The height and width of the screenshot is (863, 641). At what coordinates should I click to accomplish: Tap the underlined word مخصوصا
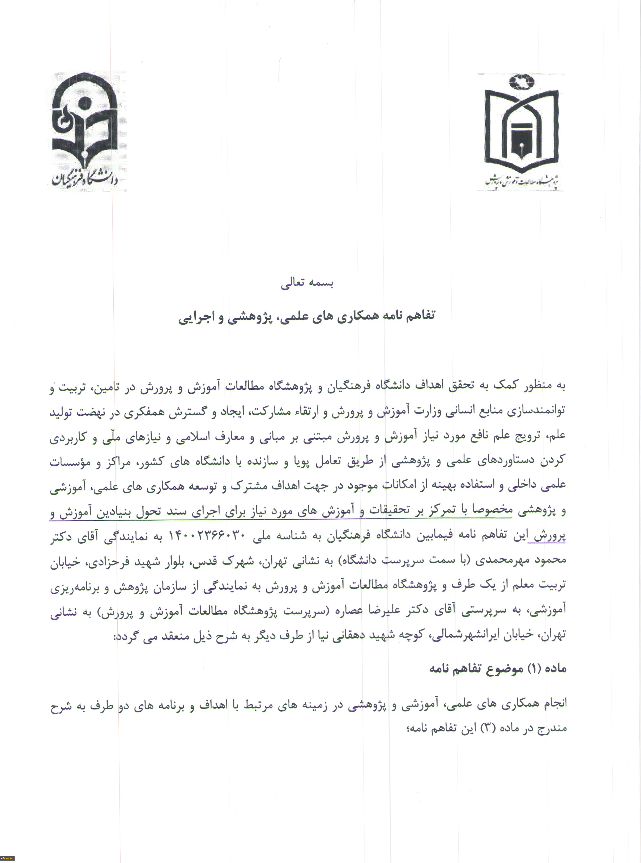click(x=492, y=511)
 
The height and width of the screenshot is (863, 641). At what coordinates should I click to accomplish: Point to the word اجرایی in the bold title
click(x=193, y=317)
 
